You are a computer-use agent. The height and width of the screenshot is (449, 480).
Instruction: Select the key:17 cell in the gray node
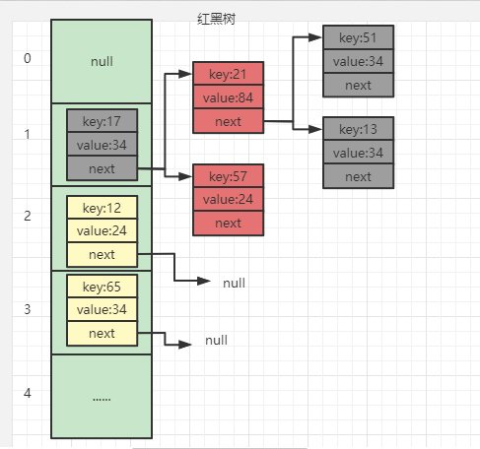pos(102,122)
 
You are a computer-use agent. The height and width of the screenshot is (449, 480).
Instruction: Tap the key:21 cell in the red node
pos(228,74)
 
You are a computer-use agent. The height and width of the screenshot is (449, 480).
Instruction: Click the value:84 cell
pos(228,96)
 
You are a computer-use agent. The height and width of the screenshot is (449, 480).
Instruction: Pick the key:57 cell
pos(228,177)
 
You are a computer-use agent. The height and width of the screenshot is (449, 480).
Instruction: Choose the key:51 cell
pos(358,38)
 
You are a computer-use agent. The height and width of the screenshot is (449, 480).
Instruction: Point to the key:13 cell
pos(358,130)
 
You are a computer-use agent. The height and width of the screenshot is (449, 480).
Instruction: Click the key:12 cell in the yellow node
pos(102,208)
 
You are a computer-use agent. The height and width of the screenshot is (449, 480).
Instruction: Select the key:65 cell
pos(102,287)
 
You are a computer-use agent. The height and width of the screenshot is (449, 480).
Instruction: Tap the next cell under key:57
pos(228,224)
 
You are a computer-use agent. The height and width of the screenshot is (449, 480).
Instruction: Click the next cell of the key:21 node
pos(228,120)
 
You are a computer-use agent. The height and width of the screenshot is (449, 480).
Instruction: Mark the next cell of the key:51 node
pos(358,85)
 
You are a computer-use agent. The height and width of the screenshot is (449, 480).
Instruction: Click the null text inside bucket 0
pos(102,61)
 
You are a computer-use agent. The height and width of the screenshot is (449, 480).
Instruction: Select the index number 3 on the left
pos(28,309)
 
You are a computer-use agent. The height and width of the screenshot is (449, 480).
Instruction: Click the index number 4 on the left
pos(28,393)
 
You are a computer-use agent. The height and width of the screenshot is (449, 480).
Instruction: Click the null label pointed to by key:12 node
pos(234,283)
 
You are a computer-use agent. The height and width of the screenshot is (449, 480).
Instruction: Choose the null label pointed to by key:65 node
pos(216,341)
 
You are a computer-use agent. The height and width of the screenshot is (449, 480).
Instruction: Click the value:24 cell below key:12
pos(102,231)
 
